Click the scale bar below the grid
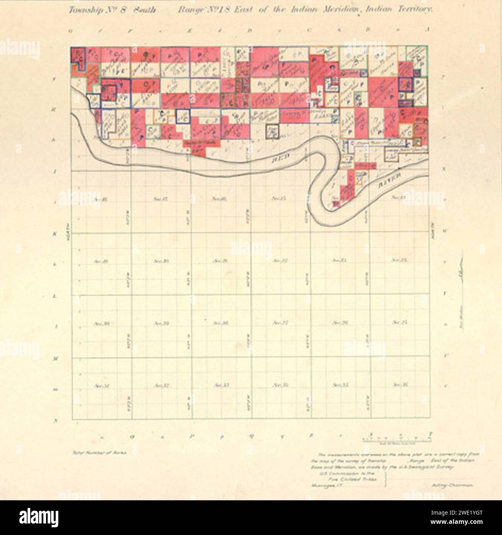[x=396, y=439]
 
